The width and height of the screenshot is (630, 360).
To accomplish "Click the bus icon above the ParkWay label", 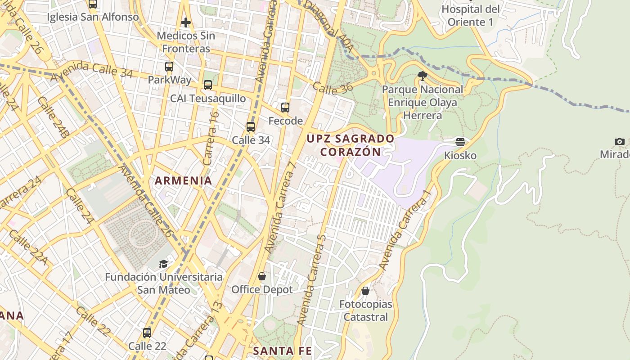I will [x=169, y=67].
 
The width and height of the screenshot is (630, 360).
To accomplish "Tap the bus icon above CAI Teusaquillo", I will [x=207, y=85].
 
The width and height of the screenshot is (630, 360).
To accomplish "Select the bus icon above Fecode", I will [x=285, y=108].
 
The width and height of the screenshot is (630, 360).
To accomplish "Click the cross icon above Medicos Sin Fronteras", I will [x=185, y=22].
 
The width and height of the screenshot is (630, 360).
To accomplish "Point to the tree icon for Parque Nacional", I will [x=422, y=76].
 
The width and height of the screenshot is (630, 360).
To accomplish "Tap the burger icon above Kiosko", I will [x=460, y=142].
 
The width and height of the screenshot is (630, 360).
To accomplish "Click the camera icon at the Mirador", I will [x=619, y=141].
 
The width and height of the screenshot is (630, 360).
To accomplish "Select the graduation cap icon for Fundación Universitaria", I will [x=163, y=264].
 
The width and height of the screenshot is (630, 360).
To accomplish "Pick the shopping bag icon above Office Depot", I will [x=262, y=276].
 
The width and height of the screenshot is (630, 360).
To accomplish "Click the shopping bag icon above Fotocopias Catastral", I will [x=365, y=291].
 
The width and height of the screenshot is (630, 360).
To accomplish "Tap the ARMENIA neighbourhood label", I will [x=183, y=181].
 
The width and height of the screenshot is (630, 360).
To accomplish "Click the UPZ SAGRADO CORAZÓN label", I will [x=351, y=145].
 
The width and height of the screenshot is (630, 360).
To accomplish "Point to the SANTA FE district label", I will [x=282, y=351].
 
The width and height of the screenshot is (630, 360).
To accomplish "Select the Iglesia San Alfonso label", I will [x=93, y=17].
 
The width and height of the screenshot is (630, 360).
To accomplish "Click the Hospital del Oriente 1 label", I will [x=470, y=16].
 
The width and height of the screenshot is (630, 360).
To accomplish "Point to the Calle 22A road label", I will [x=27, y=247].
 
